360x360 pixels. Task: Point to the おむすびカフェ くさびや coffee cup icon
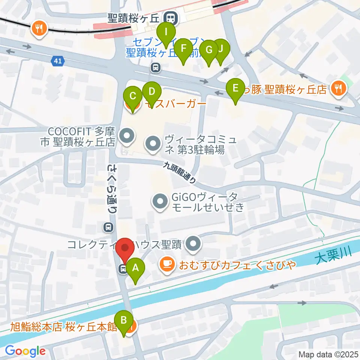point(166,264)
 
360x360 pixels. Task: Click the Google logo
point(25,351)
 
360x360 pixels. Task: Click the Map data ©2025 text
point(328,354)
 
